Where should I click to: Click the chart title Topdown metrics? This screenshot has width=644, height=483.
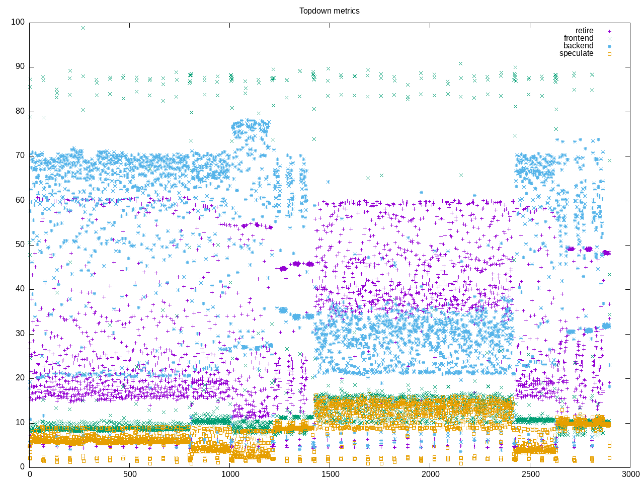tap(329, 11)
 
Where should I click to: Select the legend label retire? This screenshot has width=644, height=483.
tap(584, 31)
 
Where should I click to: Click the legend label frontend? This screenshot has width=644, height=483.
tap(578, 38)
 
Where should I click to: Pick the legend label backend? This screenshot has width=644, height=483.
tap(578, 46)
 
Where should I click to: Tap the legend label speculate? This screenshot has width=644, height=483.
tap(576, 53)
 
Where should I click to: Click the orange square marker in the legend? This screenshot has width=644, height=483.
tap(609, 53)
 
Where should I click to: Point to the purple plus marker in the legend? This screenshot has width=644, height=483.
tap(609, 31)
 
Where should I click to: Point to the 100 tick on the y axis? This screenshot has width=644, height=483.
tap(18, 22)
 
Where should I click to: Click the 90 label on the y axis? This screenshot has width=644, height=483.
tap(20, 67)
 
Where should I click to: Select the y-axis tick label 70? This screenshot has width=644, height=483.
tap(20, 155)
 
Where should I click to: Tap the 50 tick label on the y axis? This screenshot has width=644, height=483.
tap(20, 245)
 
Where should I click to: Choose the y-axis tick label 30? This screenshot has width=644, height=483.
tap(20, 334)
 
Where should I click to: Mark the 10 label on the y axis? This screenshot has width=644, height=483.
tap(20, 422)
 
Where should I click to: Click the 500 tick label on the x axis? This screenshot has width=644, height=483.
tap(130, 474)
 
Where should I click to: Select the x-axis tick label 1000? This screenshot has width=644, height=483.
tap(230, 474)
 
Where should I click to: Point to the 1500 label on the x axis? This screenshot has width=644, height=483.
tap(330, 474)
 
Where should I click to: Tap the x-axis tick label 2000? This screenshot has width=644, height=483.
tap(430, 474)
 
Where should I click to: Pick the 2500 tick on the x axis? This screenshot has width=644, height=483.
tap(530, 474)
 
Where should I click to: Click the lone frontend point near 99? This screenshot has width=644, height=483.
tap(83, 28)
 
